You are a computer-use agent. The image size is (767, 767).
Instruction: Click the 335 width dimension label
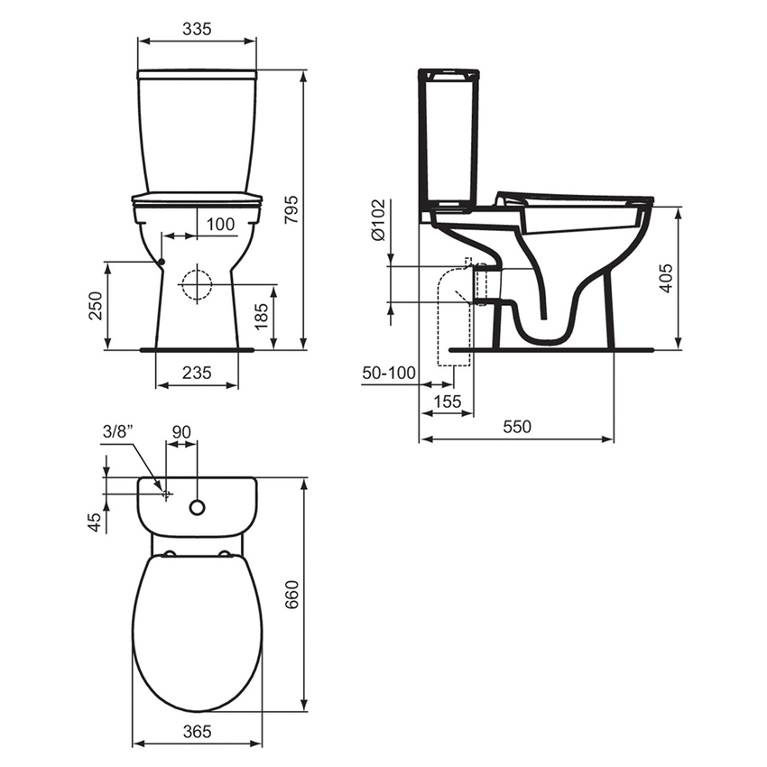click(x=197, y=29)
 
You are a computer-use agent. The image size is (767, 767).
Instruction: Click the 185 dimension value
click(x=261, y=316)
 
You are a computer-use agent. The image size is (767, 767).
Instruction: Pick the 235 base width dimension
click(x=197, y=373)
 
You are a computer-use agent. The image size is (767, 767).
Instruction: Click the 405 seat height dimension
click(x=691, y=278)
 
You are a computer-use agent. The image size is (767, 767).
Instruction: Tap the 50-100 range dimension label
click(x=389, y=373)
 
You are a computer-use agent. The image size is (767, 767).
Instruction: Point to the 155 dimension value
click(x=446, y=402)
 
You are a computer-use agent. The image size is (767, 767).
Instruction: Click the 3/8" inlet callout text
click(x=119, y=432)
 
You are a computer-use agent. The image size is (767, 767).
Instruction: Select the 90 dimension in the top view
click(x=181, y=432)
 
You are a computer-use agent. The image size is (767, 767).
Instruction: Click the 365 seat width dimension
click(x=197, y=731)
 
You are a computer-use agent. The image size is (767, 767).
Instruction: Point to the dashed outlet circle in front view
click(x=196, y=285)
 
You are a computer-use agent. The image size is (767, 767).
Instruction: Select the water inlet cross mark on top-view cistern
click(x=165, y=494)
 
